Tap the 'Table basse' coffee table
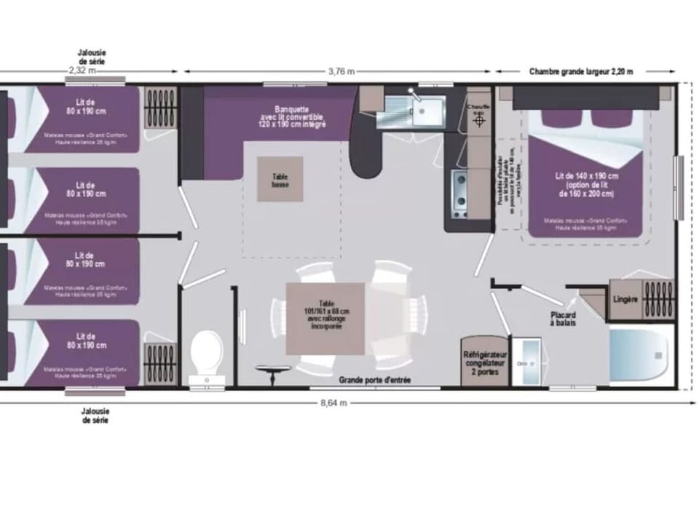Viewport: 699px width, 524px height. [x=280, y=178]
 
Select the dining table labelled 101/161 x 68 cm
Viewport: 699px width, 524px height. [x=325, y=317]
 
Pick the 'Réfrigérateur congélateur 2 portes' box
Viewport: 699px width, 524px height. [x=485, y=362]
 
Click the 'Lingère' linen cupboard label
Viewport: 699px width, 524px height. [x=625, y=299]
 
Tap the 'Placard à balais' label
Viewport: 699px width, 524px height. [x=564, y=318]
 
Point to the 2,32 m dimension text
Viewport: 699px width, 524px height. [x=82, y=71]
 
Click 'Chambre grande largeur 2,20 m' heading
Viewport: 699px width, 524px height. [x=581, y=71]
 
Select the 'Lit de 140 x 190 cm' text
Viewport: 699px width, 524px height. [x=587, y=176]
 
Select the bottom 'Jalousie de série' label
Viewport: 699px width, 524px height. [x=96, y=415]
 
